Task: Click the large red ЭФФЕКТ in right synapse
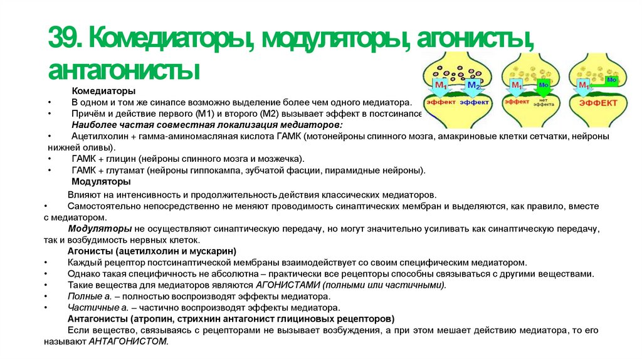(597, 102)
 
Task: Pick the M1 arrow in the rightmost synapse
(583, 85)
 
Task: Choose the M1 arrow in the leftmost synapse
(441, 84)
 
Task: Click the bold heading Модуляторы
(101, 181)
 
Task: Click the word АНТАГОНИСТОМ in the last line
(129, 341)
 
